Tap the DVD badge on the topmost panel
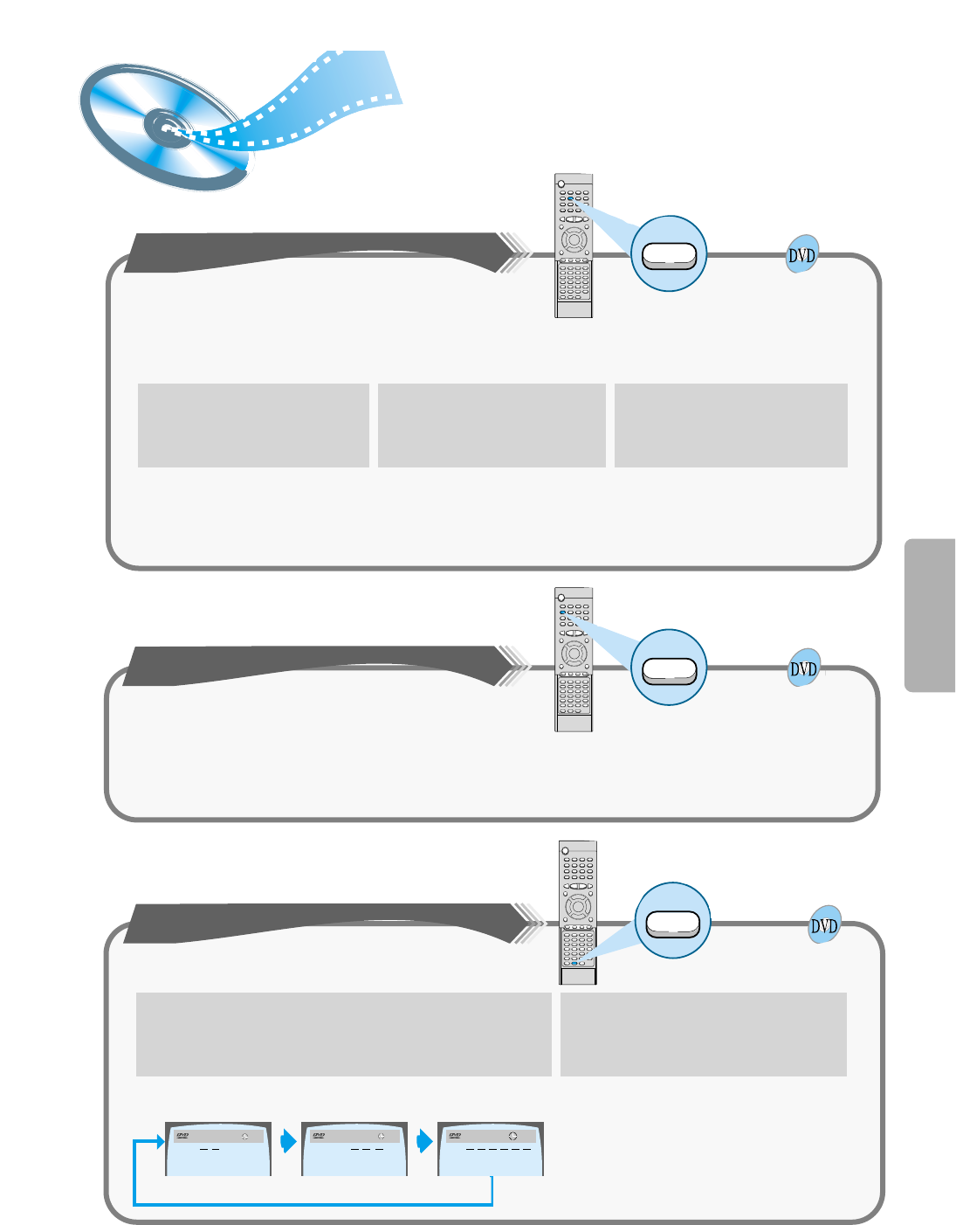tap(801, 255)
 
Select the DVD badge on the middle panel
tap(803, 669)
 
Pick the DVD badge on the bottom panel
tap(824, 926)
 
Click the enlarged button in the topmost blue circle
tap(669, 254)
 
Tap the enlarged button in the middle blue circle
tap(669, 669)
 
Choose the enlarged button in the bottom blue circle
tap(673, 923)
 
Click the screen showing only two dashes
tap(218, 1149)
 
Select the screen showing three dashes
tap(354, 1149)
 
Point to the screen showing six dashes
tap(491, 1149)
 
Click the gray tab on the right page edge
tap(930, 615)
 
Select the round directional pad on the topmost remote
tap(574, 239)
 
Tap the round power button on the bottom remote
tap(565, 851)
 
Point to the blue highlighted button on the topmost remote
tap(569, 198)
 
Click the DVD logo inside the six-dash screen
tap(455, 1136)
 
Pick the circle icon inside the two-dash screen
tap(245, 1136)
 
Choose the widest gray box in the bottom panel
tap(344, 1034)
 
